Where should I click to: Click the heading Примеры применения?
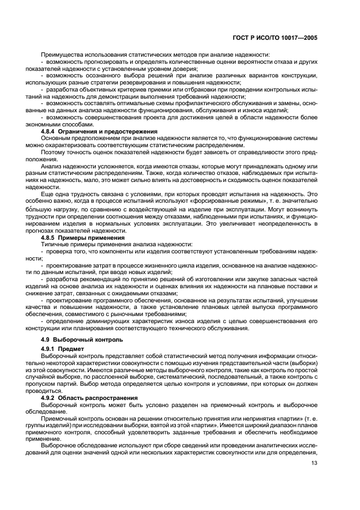[92, 238]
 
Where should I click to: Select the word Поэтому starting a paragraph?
[54, 153]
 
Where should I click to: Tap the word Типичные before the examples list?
[56, 245]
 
